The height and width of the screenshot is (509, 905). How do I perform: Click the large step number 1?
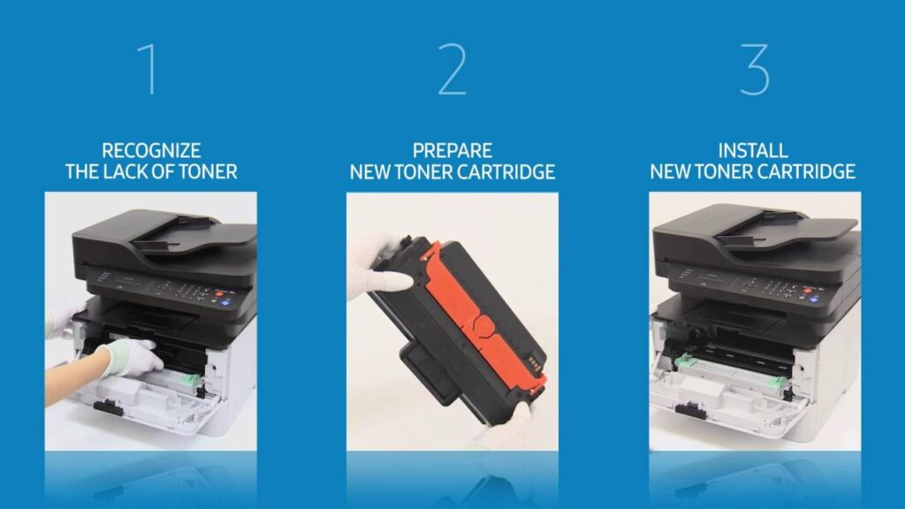coord(148,69)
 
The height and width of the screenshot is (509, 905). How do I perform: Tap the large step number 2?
coord(452,69)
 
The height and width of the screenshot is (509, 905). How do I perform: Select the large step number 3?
coord(755,69)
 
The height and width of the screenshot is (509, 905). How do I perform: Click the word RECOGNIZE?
coord(151,150)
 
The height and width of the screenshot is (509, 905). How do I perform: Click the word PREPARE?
coord(452,150)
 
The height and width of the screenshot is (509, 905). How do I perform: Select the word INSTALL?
coord(753,150)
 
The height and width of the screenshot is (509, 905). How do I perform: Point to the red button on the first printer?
coord(219,294)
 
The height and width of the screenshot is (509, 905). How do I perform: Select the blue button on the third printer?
coord(814,300)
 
